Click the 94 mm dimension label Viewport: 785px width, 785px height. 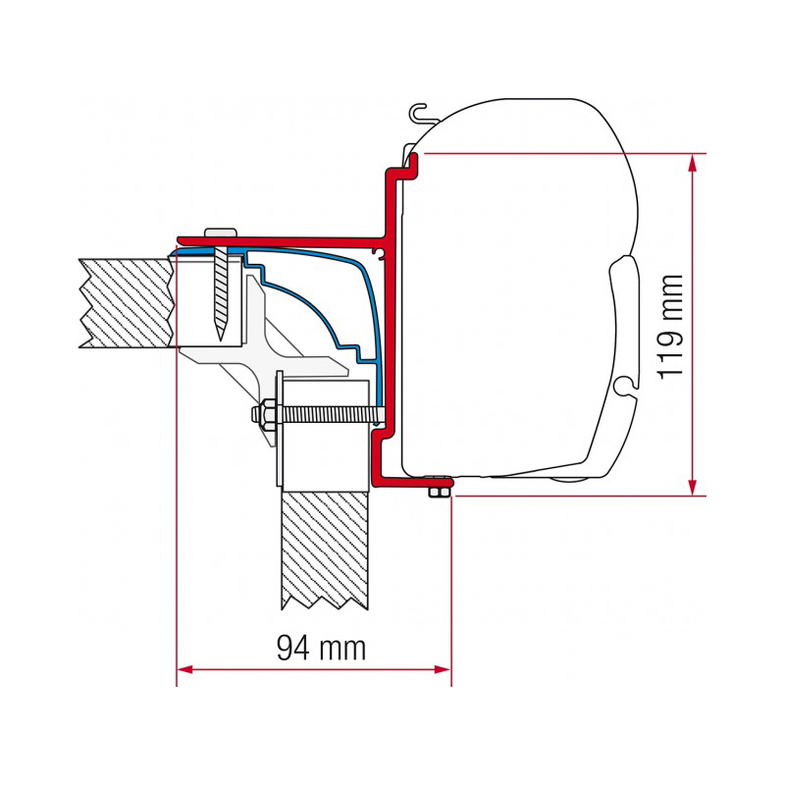(x=321, y=649)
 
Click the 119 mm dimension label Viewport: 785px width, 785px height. (x=670, y=327)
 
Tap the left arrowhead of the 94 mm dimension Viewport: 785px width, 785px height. (x=185, y=669)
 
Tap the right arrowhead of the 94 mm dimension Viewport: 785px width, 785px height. (x=443, y=669)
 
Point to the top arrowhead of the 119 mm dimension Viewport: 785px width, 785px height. (x=693, y=162)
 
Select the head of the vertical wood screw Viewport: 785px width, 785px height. (x=220, y=234)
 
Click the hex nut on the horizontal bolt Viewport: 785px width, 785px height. (x=264, y=413)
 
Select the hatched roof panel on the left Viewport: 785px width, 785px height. (x=127, y=303)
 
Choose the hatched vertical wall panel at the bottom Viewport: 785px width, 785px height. (x=325, y=549)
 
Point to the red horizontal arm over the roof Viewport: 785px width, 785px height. (x=282, y=241)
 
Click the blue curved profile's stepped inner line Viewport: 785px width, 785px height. (x=311, y=304)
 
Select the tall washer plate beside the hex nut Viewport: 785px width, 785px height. (x=280, y=428)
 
